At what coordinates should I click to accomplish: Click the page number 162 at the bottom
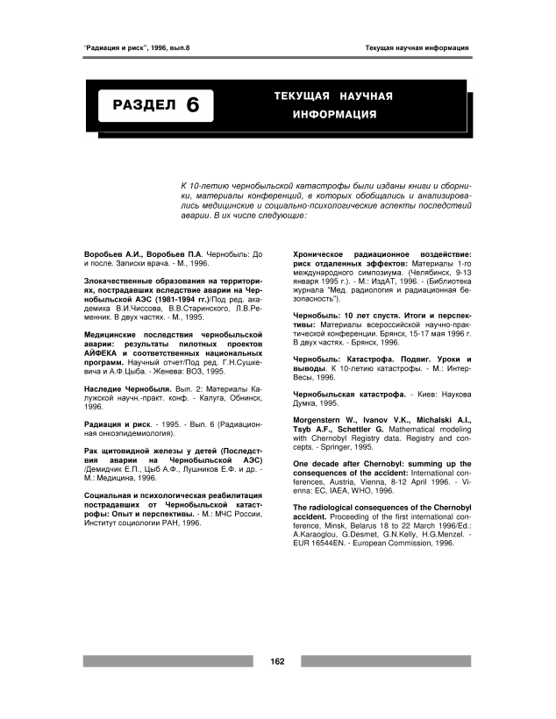pos(278,660)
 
